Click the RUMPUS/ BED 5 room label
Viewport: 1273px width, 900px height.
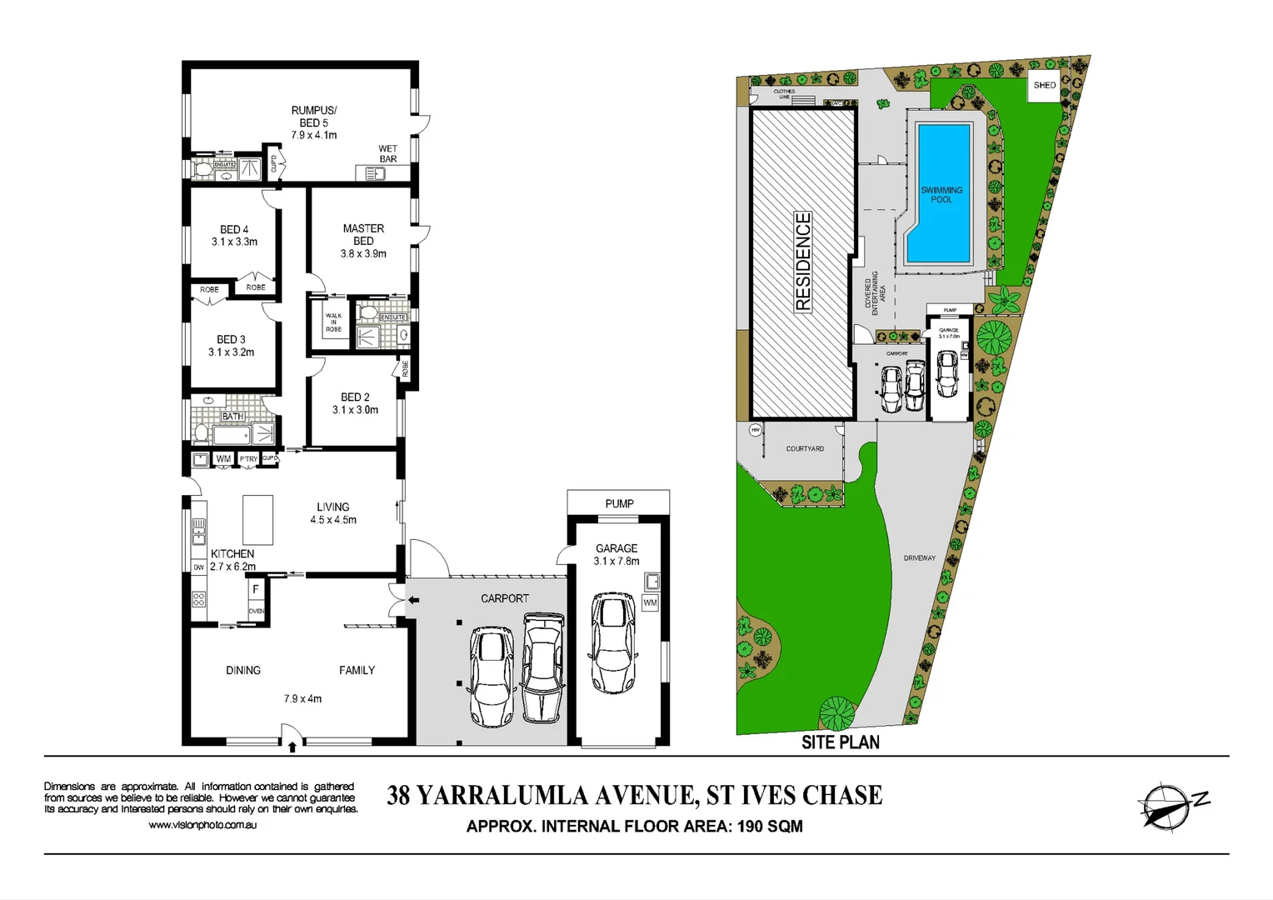click(x=314, y=117)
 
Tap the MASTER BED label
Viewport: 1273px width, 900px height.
click(x=363, y=234)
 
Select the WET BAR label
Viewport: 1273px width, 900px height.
click(x=387, y=153)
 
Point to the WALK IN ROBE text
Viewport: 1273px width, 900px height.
click(x=333, y=322)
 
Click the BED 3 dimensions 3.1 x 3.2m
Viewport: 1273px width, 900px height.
click(x=232, y=352)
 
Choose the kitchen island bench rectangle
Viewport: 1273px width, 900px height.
click(x=257, y=519)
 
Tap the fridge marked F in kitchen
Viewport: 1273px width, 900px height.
click(x=256, y=589)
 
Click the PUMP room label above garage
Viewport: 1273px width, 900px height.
click(x=619, y=503)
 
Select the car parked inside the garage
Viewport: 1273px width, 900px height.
click(x=614, y=642)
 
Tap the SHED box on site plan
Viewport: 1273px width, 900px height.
click(x=1044, y=85)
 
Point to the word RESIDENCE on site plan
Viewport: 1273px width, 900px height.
click(x=803, y=262)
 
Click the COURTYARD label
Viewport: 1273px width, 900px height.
click(x=805, y=449)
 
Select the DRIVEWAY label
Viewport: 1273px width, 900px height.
click(x=919, y=558)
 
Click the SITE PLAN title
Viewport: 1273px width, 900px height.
click(x=840, y=742)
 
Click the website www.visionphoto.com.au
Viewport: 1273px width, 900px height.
click(x=202, y=825)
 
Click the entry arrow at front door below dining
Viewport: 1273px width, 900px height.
click(x=292, y=747)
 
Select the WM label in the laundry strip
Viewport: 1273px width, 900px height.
click(x=223, y=459)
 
